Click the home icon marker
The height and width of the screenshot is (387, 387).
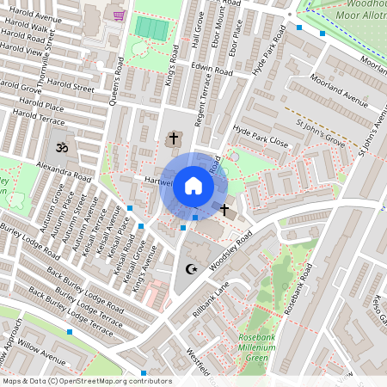click(x=193, y=186)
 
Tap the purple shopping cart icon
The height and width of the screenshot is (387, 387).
click(x=119, y=15)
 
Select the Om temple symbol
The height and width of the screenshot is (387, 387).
click(x=61, y=149)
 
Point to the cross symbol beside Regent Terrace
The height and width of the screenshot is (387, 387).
click(x=173, y=138)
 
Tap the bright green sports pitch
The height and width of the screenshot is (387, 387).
click(x=151, y=28)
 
